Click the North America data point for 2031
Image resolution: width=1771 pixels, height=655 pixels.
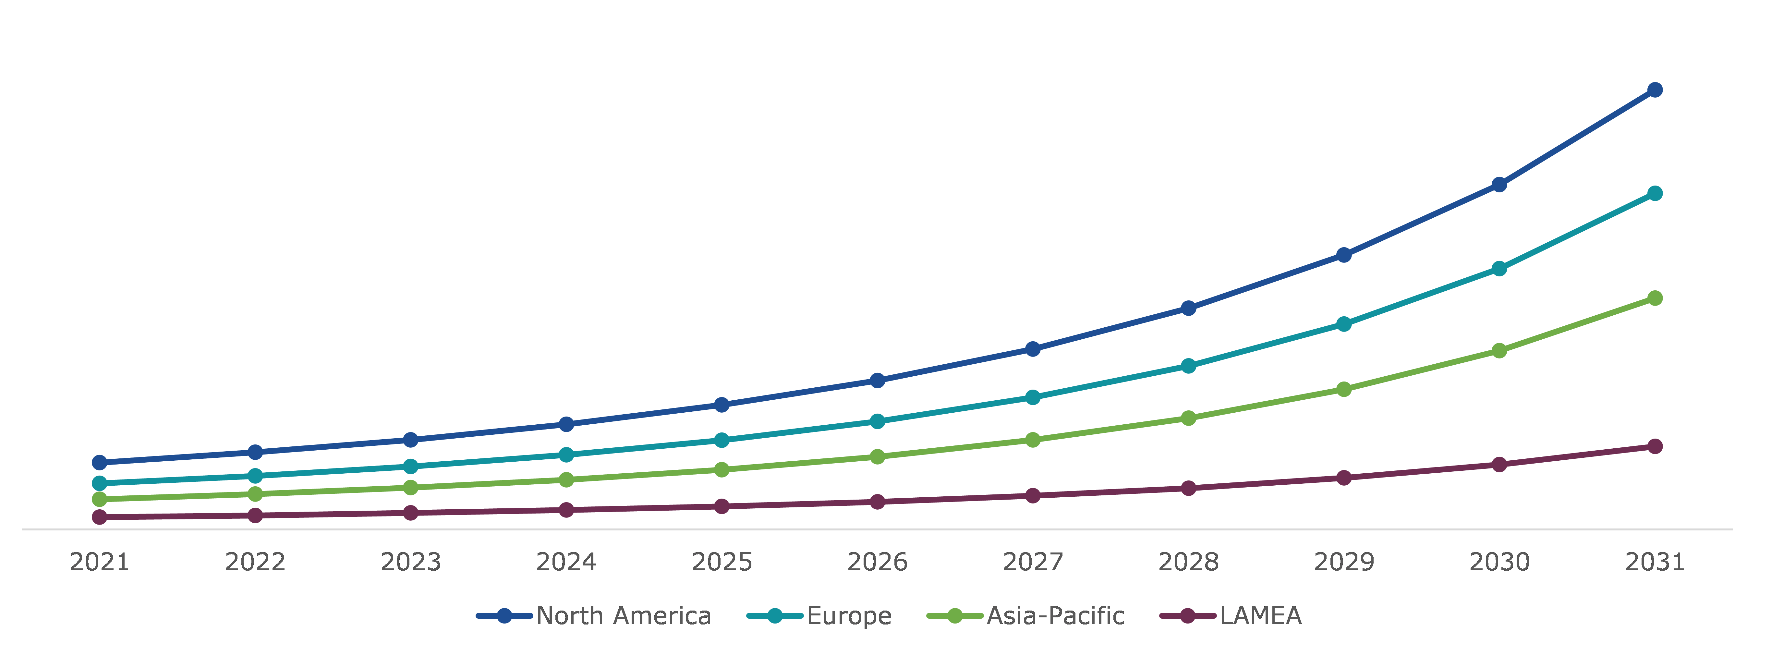pos(1655,90)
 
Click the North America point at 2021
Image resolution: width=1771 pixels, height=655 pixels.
pos(100,463)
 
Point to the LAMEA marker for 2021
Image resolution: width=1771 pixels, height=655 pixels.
pos(100,517)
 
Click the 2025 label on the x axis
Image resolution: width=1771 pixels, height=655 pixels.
pos(722,562)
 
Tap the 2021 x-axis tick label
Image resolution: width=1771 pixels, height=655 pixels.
pos(100,562)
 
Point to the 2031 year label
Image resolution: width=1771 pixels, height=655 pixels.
pos(1655,562)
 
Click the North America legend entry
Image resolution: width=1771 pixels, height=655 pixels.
pos(623,616)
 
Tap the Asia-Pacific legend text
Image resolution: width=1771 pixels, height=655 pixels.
pos(1055,616)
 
